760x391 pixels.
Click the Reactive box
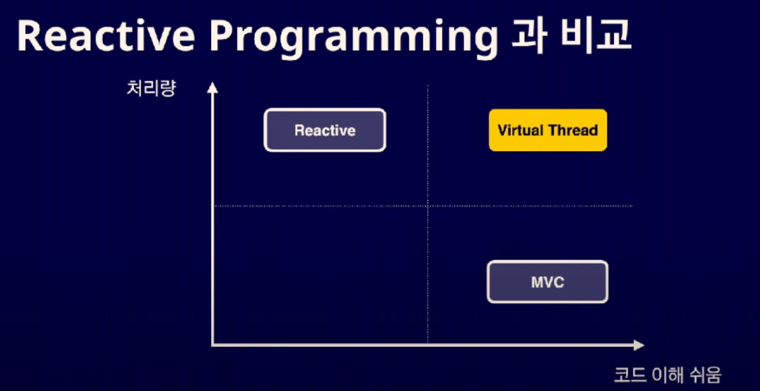point(325,130)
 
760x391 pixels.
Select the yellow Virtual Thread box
point(548,130)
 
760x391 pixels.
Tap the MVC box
point(548,282)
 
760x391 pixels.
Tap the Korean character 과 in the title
point(528,36)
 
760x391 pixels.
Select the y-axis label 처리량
point(151,88)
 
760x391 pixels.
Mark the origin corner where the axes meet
point(212,344)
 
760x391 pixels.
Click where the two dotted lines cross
point(428,206)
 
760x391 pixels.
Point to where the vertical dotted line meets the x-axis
point(428,344)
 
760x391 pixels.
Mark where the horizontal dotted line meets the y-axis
point(212,206)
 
